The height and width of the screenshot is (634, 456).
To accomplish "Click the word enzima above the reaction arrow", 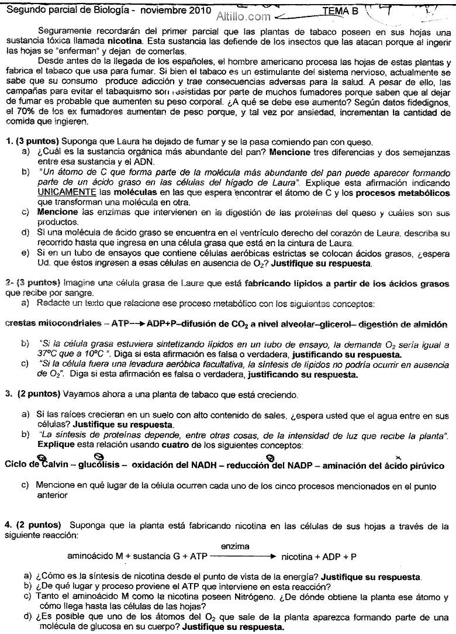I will coord(235,546).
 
